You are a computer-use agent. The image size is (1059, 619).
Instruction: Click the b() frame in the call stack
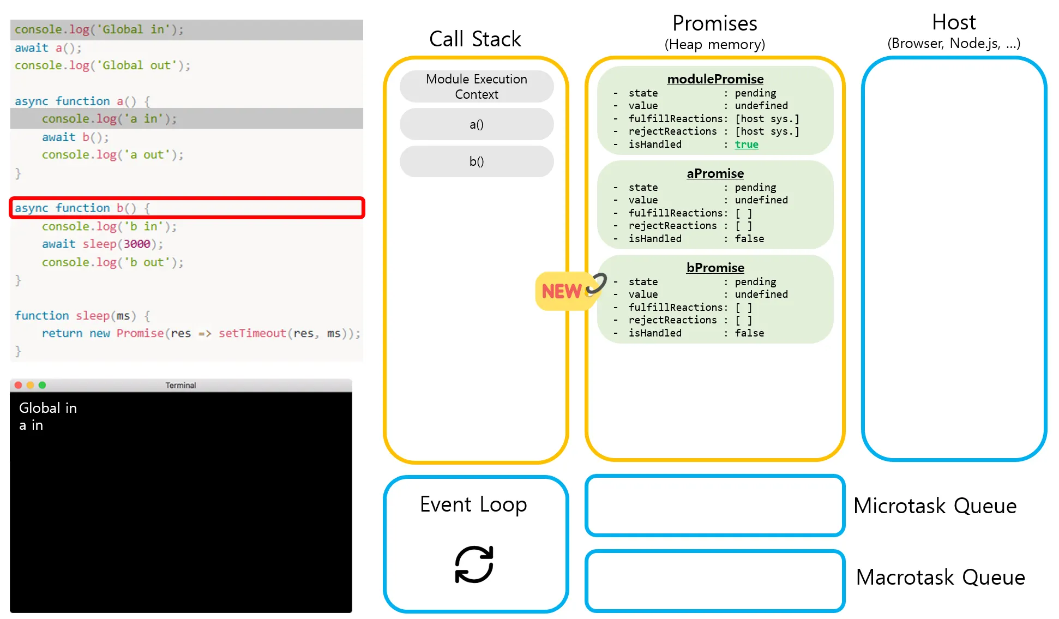pyautogui.click(x=477, y=161)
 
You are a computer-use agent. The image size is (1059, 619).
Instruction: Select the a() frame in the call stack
pyautogui.click(x=477, y=124)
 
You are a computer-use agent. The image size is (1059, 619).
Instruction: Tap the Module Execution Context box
pyautogui.click(x=477, y=86)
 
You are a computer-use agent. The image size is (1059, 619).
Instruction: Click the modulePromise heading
pyautogui.click(x=715, y=79)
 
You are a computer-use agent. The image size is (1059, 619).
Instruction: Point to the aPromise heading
pyautogui.click(x=715, y=173)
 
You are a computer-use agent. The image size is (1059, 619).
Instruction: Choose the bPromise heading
pyautogui.click(x=715, y=268)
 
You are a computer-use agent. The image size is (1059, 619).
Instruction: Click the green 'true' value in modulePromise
pyautogui.click(x=747, y=145)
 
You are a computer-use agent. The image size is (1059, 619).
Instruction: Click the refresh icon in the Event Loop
pyautogui.click(x=474, y=564)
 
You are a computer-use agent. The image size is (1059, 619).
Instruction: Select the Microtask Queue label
pyautogui.click(x=935, y=506)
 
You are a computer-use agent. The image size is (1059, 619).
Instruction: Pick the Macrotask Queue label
pyautogui.click(x=941, y=577)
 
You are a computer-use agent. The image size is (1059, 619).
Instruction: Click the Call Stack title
pyautogui.click(x=475, y=39)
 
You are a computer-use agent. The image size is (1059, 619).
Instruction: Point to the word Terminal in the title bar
pyautogui.click(x=180, y=385)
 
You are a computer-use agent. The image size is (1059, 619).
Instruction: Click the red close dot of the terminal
pyautogui.click(x=18, y=385)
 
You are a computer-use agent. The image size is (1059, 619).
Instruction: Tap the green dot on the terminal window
pyautogui.click(x=43, y=385)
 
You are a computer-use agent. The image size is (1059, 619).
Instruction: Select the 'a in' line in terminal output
pyautogui.click(x=31, y=425)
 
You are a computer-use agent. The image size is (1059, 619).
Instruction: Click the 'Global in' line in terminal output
pyautogui.click(x=48, y=408)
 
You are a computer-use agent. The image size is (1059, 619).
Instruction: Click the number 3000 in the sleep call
pyautogui.click(x=136, y=244)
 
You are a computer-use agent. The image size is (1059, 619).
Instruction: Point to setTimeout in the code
pyautogui.click(x=252, y=333)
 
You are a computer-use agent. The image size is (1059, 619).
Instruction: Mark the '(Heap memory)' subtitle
pyautogui.click(x=715, y=44)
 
